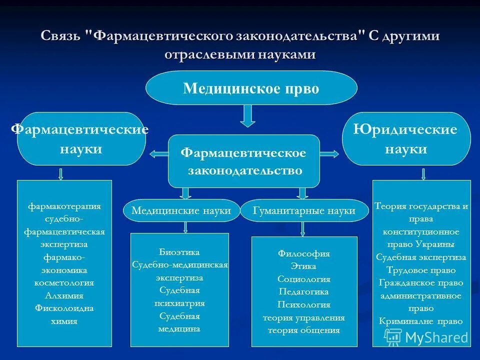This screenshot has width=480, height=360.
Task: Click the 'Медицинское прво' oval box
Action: click(x=251, y=88)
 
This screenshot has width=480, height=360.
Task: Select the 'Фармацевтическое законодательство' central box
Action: click(x=244, y=161)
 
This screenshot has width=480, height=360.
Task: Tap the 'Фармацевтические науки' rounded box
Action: click(x=81, y=139)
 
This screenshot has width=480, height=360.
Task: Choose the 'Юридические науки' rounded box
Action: click(x=405, y=139)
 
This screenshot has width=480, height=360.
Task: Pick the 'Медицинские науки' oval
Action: click(x=181, y=210)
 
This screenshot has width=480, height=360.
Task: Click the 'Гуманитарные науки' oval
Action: click(x=304, y=210)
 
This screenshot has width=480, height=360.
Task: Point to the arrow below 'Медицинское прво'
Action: click(x=247, y=116)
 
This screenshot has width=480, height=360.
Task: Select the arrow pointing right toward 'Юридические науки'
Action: click(x=329, y=154)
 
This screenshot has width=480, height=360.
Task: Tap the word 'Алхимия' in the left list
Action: click(x=64, y=295)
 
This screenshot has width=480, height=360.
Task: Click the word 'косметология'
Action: click(x=64, y=282)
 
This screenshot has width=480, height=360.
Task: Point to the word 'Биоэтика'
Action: click(x=179, y=251)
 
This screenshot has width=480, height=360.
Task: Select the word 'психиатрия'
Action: click(x=179, y=303)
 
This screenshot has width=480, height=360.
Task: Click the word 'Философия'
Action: click(x=304, y=253)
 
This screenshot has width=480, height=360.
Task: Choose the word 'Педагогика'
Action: click(x=304, y=291)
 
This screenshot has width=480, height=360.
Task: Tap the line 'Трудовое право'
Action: click(x=421, y=270)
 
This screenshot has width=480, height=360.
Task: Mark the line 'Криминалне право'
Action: click(x=421, y=321)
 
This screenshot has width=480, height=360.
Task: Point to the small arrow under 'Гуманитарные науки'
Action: click(x=303, y=228)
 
